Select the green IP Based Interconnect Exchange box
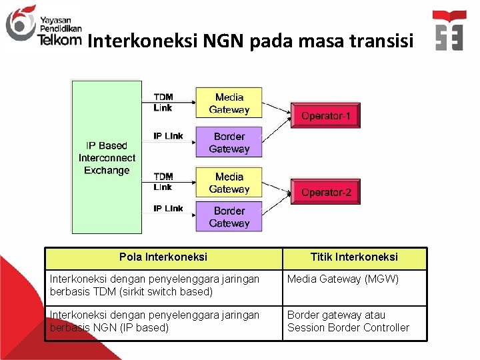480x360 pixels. tap(107, 157)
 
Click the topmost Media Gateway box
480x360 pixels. tap(229, 103)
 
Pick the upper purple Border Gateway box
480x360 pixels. tap(229, 142)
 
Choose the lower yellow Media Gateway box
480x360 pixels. tap(229, 183)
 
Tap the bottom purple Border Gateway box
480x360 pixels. tap(229, 217)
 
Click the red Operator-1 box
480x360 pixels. tap(325, 115)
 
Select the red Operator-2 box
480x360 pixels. tap(325, 192)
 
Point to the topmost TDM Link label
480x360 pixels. tap(163, 102)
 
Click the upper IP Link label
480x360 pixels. tap(168, 136)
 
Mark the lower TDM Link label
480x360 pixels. tap(163, 181)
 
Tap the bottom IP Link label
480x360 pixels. tap(168, 209)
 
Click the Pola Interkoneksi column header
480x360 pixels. tap(163, 257)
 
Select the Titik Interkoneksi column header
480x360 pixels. tap(354, 257)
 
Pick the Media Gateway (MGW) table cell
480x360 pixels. tap(354, 286)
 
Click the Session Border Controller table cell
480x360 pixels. tap(354, 322)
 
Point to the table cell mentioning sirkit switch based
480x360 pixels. tap(163, 286)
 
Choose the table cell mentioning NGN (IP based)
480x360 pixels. tap(163, 322)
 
